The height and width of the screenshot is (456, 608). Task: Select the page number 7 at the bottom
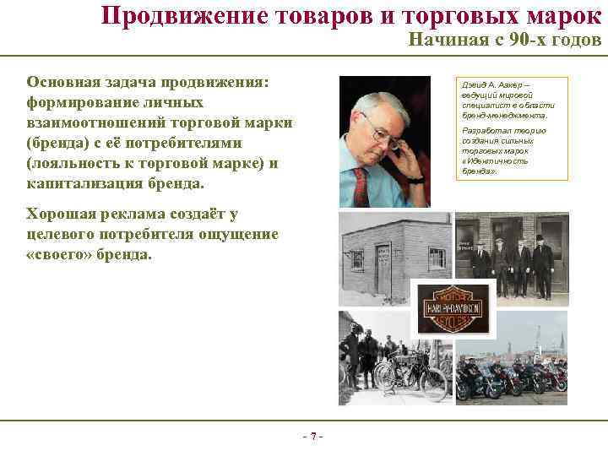(312, 436)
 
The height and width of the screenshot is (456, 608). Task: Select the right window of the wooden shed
(437, 257)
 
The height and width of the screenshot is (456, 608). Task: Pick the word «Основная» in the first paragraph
(64, 83)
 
